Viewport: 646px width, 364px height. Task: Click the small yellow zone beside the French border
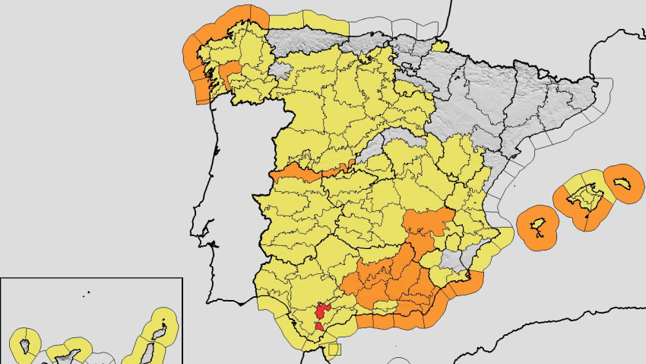click(439, 46)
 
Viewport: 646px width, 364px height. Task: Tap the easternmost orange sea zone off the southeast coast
click(472, 283)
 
